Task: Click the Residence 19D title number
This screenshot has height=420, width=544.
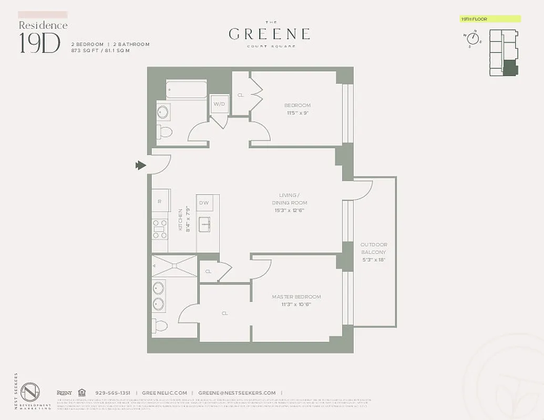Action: tap(39, 43)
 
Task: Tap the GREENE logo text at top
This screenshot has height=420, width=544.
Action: tap(269, 34)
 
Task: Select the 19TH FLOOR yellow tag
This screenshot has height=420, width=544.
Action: tap(490, 19)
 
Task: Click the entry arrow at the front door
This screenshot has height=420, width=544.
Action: tap(140, 165)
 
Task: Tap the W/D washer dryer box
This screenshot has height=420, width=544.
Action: tap(219, 104)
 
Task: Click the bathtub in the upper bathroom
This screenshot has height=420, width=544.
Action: tap(186, 90)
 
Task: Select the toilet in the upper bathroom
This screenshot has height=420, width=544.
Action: tap(165, 131)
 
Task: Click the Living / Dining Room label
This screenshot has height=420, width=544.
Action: tap(289, 203)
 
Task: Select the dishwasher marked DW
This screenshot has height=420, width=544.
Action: tap(204, 203)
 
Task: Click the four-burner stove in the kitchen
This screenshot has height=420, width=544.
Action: tap(160, 229)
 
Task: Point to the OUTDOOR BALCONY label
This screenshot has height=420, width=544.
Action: tap(374, 252)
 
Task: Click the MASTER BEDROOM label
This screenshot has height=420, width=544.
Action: tap(296, 300)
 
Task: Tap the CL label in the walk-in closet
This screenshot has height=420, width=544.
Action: tap(224, 313)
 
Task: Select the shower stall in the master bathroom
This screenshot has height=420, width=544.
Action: tap(174, 266)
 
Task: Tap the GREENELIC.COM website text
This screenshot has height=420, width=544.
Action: tap(165, 393)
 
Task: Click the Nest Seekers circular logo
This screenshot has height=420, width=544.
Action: tap(30, 393)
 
